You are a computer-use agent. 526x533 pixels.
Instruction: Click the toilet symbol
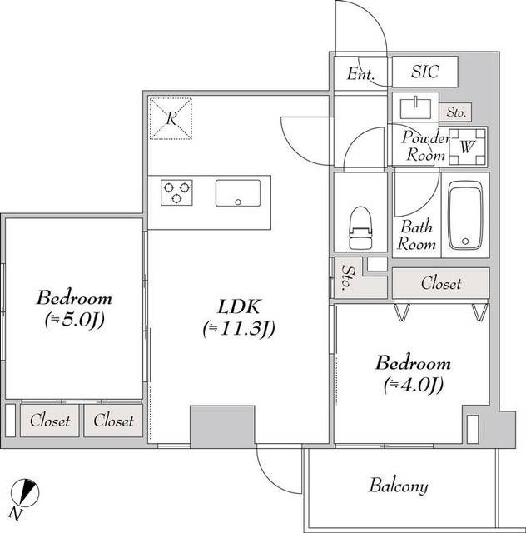click(360, 227)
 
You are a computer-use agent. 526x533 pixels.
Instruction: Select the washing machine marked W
click(467, 147)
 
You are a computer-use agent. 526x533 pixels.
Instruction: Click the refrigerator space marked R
click(171, 118)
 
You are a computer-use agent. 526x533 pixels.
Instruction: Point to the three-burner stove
click(176, 192)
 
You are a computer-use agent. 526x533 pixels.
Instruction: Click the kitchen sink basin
click(238, 193)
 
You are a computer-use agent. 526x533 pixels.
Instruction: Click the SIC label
click(425, 72)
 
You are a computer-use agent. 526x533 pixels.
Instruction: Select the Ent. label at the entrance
click(360, 73)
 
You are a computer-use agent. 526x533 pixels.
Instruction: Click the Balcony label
click(399, 486)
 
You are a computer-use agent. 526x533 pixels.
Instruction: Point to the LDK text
click(239, 306)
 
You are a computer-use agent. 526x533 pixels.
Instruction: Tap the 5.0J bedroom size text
click(74, 320)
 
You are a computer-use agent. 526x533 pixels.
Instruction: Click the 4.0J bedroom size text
click(414, 385)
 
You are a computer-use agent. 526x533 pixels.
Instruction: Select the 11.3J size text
click(239, 329)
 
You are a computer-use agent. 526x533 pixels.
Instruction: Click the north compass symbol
click(25, 492)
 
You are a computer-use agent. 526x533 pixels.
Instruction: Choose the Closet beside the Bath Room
click(441, 283)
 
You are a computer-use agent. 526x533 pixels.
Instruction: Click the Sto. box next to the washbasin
click(455, 112)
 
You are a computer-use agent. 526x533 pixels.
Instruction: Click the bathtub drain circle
click(465, 242)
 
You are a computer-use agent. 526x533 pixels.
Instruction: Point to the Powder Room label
click(426, 147)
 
